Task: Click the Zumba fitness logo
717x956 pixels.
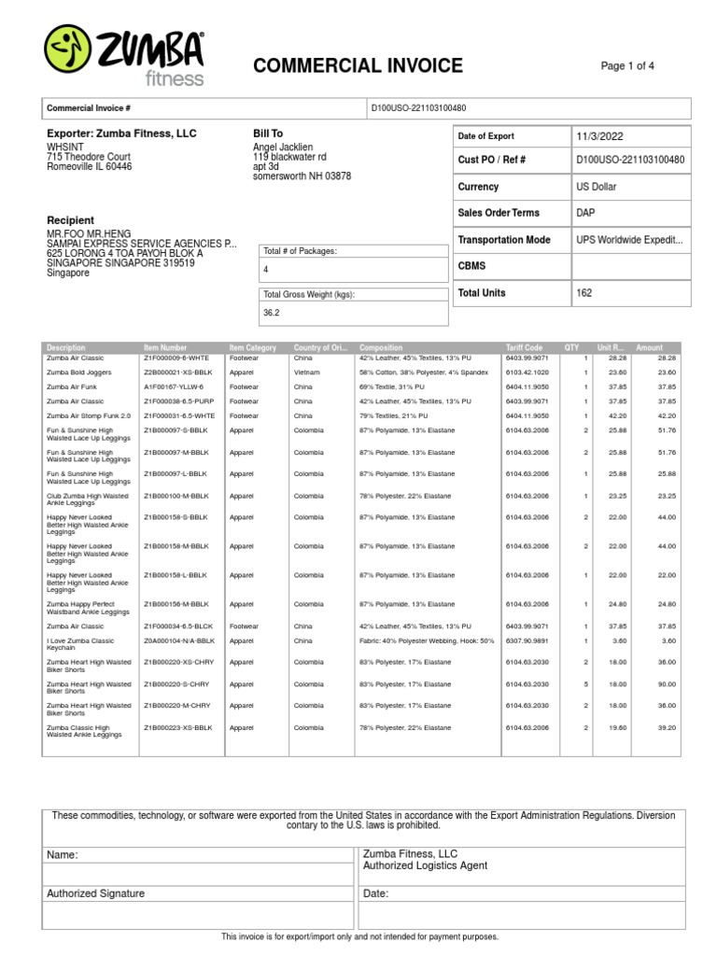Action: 125,54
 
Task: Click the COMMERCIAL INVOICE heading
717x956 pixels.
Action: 358,65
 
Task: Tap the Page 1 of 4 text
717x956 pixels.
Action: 627,65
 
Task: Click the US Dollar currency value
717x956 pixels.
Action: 597,187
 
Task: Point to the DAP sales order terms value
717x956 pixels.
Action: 586,213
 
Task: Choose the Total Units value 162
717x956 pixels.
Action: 584,293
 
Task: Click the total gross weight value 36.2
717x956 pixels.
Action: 272,313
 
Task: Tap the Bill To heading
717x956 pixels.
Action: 268,134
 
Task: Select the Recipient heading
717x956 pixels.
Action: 70,221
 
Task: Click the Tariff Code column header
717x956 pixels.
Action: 524,347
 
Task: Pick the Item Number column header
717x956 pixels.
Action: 165,347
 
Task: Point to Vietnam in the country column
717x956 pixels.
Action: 304,372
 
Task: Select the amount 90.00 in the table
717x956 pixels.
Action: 666,683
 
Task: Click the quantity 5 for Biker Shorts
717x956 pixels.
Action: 586,683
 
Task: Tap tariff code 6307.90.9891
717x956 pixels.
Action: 527,640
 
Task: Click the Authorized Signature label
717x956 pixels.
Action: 95,893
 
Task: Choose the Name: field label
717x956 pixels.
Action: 63,854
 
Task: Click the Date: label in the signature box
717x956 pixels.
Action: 375,893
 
